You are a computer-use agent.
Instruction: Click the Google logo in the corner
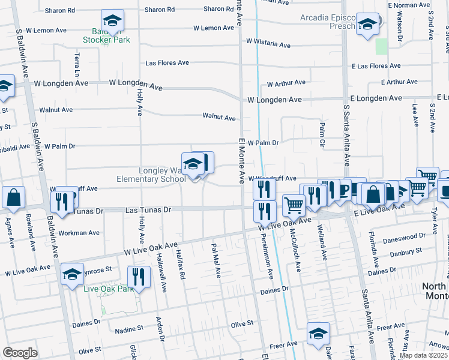pos(20,352)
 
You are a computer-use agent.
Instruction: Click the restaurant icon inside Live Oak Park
pos(139,277)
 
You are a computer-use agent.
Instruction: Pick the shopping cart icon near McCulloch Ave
pos(294,205)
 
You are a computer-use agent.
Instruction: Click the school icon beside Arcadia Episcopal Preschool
pos(367,25)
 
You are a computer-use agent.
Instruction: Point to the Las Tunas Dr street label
pos(148,210)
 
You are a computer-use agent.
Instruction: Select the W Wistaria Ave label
pos(268,45)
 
